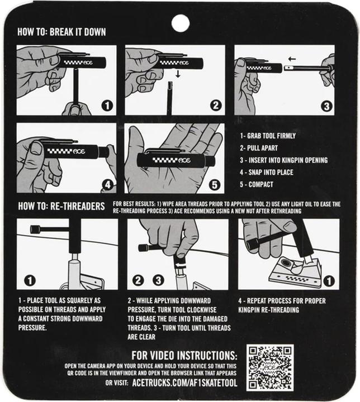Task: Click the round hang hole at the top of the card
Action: [x=180, y=23]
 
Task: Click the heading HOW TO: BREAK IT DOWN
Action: [x=62, y=32]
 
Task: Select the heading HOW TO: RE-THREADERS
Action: [x=61, y=206]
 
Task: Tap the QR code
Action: [x=270, y=367]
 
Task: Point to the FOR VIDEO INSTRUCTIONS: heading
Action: [x=184, y=356]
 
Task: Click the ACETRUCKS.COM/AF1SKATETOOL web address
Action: [x=185, y=383]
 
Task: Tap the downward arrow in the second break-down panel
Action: [x=178, y=73]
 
